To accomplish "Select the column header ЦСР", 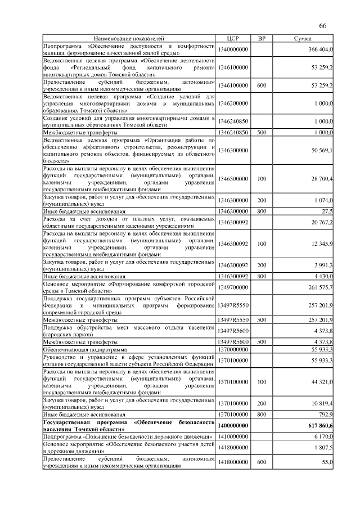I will [x=233, y=38].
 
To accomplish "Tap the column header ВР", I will [x=262, y=38].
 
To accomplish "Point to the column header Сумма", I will [x=304, y=38].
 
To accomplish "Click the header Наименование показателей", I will [x=129, y=38].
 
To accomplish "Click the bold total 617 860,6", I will [x=319, y=426].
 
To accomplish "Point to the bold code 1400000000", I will [x=233, y=426].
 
